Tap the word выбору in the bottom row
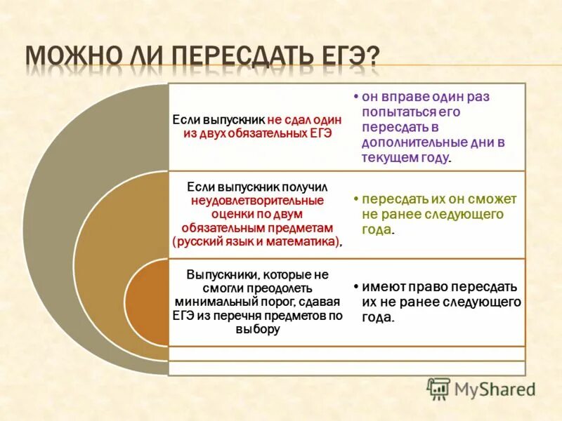click(x=259, y=329)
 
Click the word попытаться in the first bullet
click(x=393, y=112)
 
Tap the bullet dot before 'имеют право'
click(x=357, y=287)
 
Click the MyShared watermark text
click(x=495, y=388)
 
